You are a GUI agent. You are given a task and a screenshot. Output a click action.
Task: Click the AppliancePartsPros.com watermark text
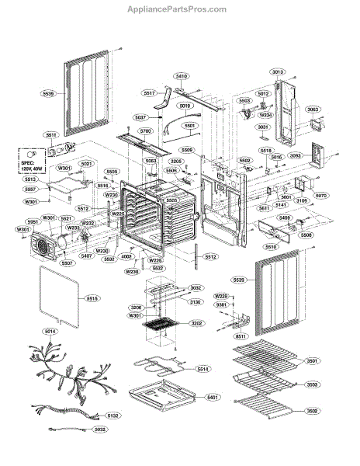pyautogui.click(x=180, y=10)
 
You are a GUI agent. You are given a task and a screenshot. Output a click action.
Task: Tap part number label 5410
pyautogui.click(x=181, y=76)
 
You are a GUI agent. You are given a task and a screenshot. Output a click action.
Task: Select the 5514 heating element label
pyautogui.click(x=203, y=368)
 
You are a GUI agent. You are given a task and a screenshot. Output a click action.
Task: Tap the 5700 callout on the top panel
pyautogui.click(x=145, y=132)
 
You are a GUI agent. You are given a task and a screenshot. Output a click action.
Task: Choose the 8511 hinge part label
pyautogui.click(x=241, y=336)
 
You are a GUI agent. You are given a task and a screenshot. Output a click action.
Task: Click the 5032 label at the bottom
pyautogui.click(x=99, y=450)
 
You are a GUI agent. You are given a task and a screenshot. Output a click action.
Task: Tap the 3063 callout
pyautogui.click(x=312, y=110)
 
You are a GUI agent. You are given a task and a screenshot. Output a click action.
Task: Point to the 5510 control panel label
pyautogui.click(x=271, y=246)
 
